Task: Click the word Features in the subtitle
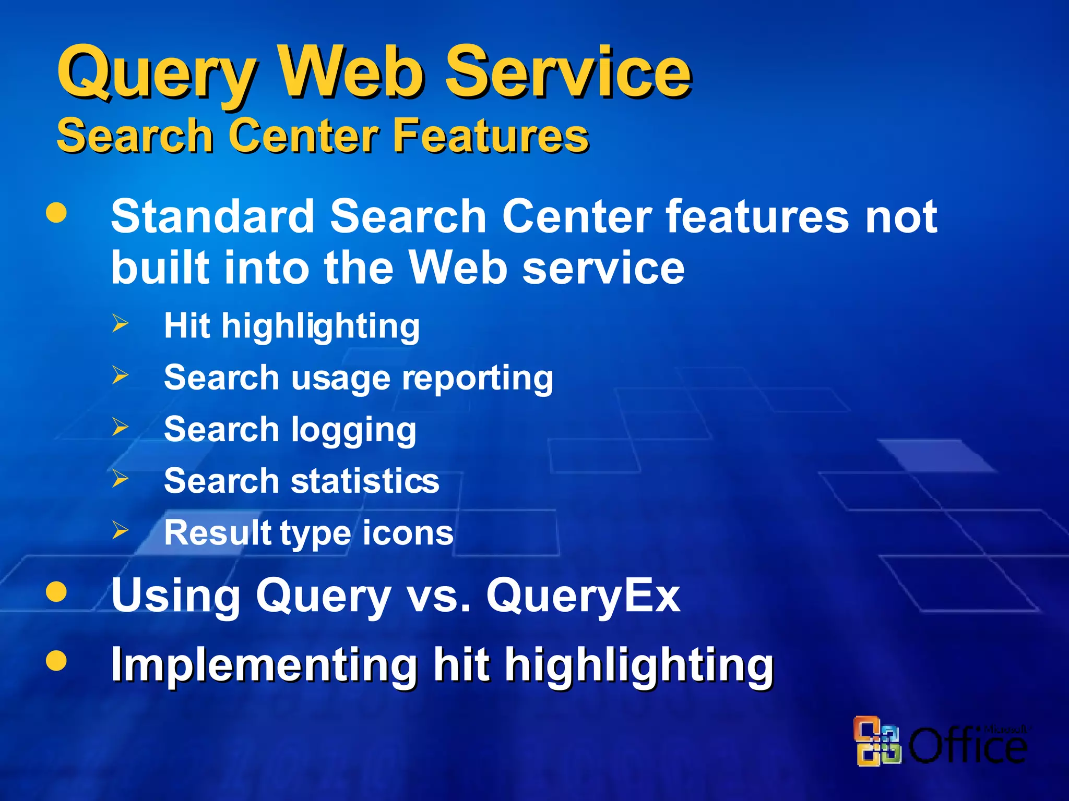(x=491, y=136)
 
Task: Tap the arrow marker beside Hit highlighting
(x=121, y=324)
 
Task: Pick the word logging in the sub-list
(x=353, y=431)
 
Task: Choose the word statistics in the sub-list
(x=365, y=481)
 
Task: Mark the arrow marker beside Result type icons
(x=121, y=530)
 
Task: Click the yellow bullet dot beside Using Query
(x=56, y=592)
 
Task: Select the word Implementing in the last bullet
(x=264, y=665)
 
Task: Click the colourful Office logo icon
(x=877, y=741)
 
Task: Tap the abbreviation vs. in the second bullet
(x=438, y=596)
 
